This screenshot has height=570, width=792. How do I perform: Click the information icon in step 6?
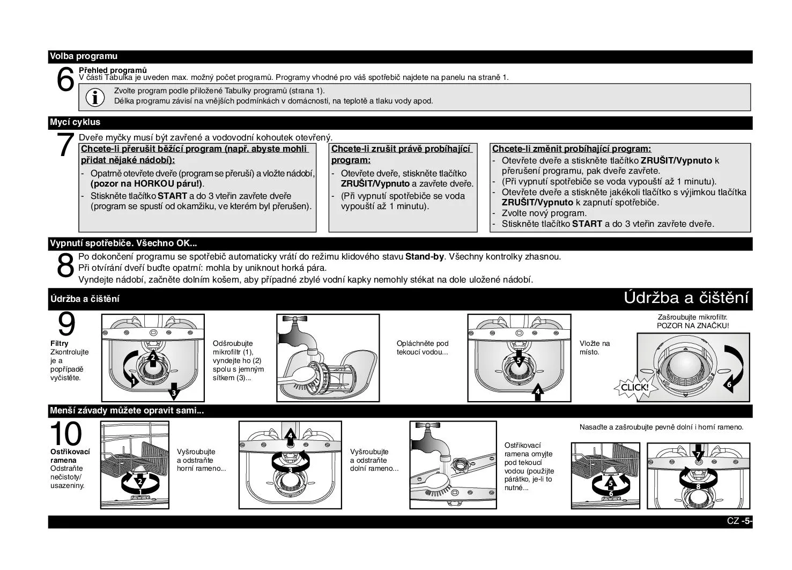tap(95, 97)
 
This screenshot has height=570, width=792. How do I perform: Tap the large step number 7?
tap(65, 145)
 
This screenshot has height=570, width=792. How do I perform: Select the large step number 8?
tap(65, 265)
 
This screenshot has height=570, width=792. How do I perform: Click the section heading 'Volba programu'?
tap(84, 56)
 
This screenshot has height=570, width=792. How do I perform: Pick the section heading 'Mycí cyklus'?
tap(75, 122)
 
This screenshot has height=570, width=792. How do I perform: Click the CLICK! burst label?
tap(634, 387)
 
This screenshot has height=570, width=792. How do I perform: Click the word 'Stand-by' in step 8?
tap(424, 257)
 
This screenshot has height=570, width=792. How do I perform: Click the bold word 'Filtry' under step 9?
tap(59, 343)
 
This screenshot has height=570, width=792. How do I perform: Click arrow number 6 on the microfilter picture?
tap(729, 384)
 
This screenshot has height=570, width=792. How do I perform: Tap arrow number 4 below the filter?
tap(538, 391)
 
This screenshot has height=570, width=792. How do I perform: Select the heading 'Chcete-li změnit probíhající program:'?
tap(571, 149)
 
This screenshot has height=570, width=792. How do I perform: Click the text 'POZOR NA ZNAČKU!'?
tap(693, 325)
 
